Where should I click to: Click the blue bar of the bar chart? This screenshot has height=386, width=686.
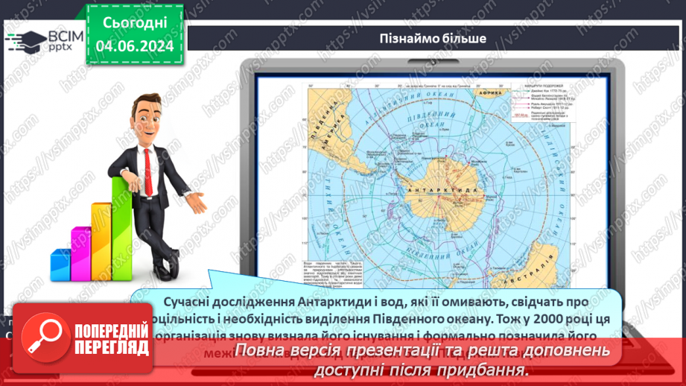(x=60, y=264)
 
